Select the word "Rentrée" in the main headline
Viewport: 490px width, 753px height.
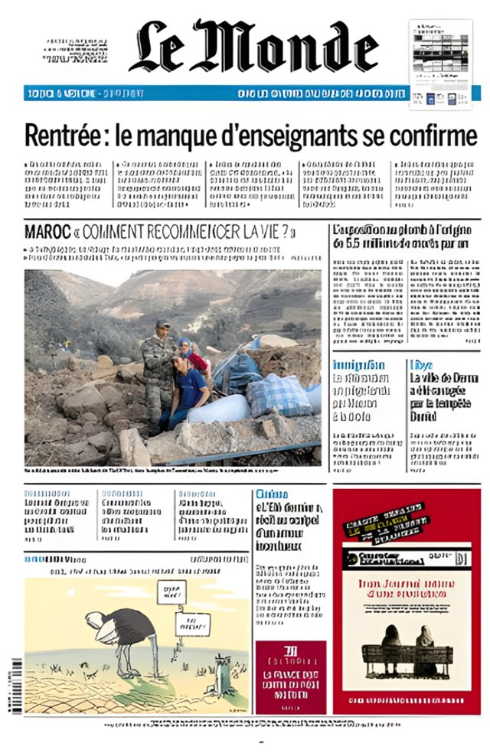coord(61,136)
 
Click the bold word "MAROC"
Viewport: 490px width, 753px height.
coord(47,232)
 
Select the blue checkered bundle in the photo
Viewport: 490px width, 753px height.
coord(277,395)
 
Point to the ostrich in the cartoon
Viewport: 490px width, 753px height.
coord(115,631)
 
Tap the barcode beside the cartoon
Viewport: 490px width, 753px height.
coord(16,686)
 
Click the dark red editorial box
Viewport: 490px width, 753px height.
coord(290,676)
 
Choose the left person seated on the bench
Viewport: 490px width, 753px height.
coord(390,641)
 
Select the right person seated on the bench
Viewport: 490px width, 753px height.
coord(423,641)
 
